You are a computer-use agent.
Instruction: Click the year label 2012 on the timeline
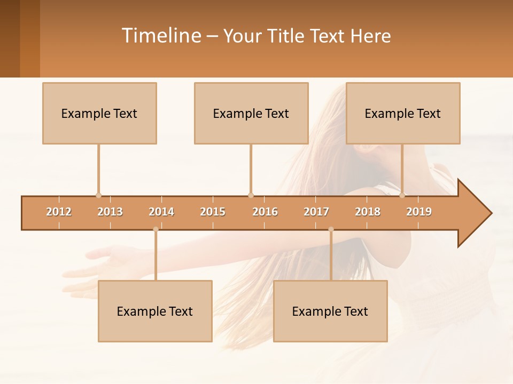[x=59, y=212]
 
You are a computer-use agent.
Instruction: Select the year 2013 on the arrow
[x=110, y=212]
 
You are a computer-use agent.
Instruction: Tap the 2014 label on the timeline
[x=161, y=212]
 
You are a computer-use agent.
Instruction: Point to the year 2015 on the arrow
[x=213, y=212]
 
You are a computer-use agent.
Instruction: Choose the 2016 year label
[x=265, y=212]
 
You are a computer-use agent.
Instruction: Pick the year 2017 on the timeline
[x=316, y=212]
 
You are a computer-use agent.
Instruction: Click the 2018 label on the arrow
[x=368, y=212]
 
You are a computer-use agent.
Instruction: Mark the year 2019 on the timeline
[x=419, y=212]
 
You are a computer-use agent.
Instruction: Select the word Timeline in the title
[x=160, y=36]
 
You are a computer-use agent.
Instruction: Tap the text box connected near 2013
[x=99, y=113]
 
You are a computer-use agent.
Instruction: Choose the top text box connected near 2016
[x=251, y=113]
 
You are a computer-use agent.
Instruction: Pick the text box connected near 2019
[x=403, y=113]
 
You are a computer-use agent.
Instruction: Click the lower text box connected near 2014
[x=155, y=311]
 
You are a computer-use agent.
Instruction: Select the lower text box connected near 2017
[x=330, y=311]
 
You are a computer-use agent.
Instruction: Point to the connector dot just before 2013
[x=98, y=195]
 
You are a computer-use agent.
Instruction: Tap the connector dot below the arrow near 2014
[x=156, y=229]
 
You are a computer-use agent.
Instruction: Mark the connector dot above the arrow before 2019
[x=402, y=195]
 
